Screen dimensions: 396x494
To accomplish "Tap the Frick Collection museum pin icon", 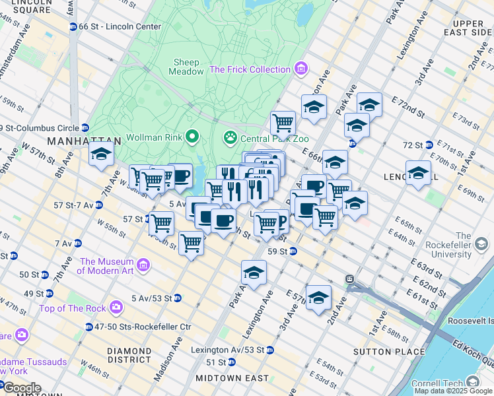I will [301, 69].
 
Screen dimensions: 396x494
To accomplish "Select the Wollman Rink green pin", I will [192, 137].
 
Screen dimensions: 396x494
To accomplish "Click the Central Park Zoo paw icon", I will [230, 138].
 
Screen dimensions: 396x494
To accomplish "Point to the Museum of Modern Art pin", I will [143, 265].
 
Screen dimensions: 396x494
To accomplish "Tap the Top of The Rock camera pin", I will [116, 307].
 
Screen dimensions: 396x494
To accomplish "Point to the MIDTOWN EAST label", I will [232, 378].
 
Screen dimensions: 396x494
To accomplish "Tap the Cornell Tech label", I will [439, 383].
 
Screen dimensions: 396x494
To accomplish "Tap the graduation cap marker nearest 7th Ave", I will [100, 154].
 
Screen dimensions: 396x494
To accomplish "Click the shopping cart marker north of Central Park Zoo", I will [283, 122].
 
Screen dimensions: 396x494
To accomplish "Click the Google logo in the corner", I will [22, 388].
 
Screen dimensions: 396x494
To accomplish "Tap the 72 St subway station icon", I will [429, 145].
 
